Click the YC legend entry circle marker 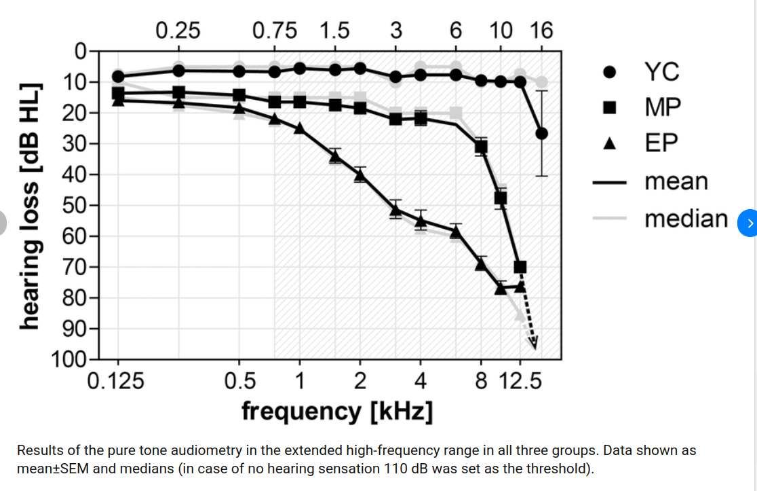[x=609, y=72]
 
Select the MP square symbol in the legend [x=609, y=107]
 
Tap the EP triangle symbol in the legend [x=609, y=143]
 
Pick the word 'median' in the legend [x=686, y=219]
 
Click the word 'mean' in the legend [x=676, y=181]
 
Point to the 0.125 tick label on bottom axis [x=116, y=381]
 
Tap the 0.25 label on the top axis [x=178, y=31]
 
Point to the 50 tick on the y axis [x=76, y=205]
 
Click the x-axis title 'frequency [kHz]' [x=337, y=411]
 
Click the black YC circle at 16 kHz [x=541, y=133]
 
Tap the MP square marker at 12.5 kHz [x=520, y=267]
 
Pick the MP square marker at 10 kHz [x=501, y=198]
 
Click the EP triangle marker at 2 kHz [x=360, y=176]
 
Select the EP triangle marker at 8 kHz [x=481, y=263]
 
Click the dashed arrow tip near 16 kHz [x=535, y=347]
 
